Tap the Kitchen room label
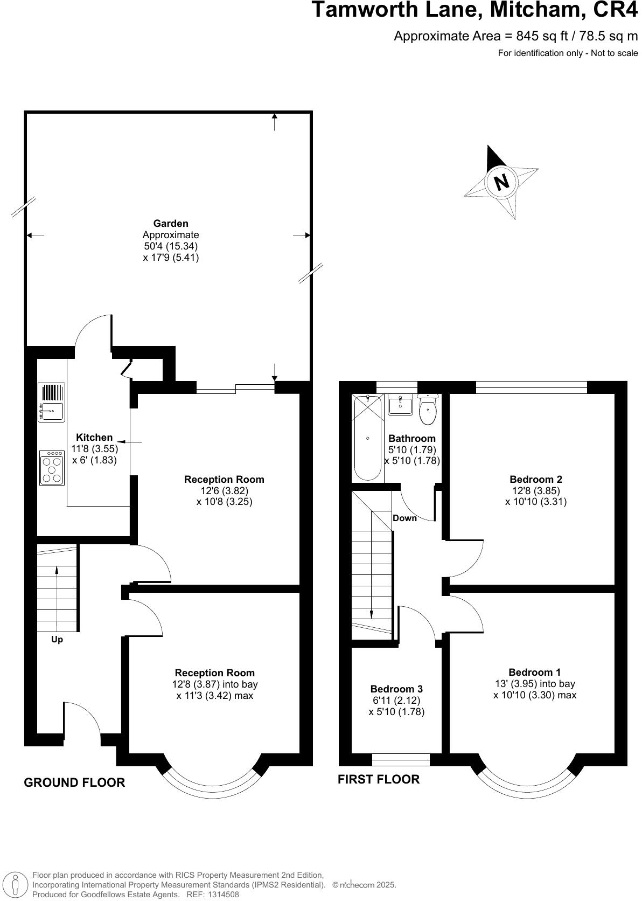pyautogui.click(x=94, y=437)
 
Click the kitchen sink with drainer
pyautogui.click(x=51, y=402)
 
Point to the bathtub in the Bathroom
pyautogui.click(x=367, y=437)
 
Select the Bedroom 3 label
pyautogui.click(x=396, y=689)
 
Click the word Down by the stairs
pyautogui.click(x=404, y=518)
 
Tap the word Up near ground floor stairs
pyautogui.click(x=57, y=640)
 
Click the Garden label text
pyautogui.click(x=171, y=223)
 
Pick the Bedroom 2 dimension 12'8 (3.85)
pyautogui.click(x=535, y=490)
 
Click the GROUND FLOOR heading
pyautogui.click(x=74, y=782)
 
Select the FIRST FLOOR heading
pyautogui.click(x=378, y=779)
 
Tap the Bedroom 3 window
pyautogui.click(x=401, y=759)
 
